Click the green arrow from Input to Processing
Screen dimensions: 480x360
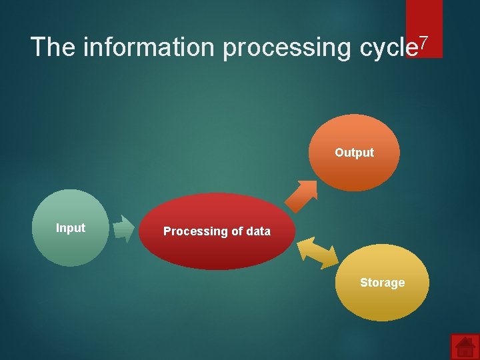pyautogui.click(x=124, y=229)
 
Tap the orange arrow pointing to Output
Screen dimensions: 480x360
pyautogui.click(x=301, y=195)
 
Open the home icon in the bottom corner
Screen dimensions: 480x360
pyautogui.click(x=465, y=347)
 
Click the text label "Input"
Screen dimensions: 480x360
pyautogui.click(x=71, y=228)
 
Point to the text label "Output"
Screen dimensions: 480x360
pyautogui.click(x=354, y=153)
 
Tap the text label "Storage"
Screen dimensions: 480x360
pyautogui.click(x=382, y=283)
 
